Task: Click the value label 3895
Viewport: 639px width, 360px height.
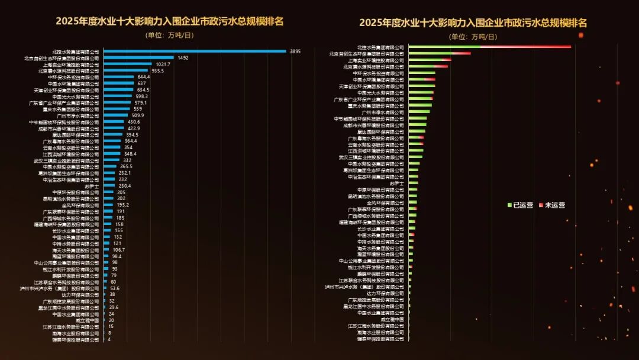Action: (x=295, y=52)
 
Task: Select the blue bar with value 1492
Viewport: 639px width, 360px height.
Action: (x=138, y=58)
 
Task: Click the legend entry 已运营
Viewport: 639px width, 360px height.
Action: (x=521, y=205)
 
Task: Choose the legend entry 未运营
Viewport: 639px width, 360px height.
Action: (x=552, y=205)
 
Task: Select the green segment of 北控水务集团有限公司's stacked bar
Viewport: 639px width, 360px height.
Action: (x=444, y=46)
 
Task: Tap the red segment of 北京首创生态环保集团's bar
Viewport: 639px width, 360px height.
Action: (x=461, y=53)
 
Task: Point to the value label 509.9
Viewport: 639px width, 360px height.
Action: (x=137, y=115)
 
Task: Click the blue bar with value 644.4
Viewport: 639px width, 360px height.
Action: (x=118, y=77)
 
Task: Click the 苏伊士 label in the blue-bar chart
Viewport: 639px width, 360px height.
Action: (x=92, y=186)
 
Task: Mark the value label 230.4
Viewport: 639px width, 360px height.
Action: (x=124, y=186)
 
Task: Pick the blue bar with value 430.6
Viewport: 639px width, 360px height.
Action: (x=114, y=122)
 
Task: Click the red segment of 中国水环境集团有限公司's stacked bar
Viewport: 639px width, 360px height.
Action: (x=430, y=79)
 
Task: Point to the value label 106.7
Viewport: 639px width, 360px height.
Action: (x=119, y=250)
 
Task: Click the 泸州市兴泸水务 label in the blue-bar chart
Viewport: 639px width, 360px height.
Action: (x=60, y=288)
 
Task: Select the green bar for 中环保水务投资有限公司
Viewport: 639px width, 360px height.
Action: (x=422, y=73)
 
